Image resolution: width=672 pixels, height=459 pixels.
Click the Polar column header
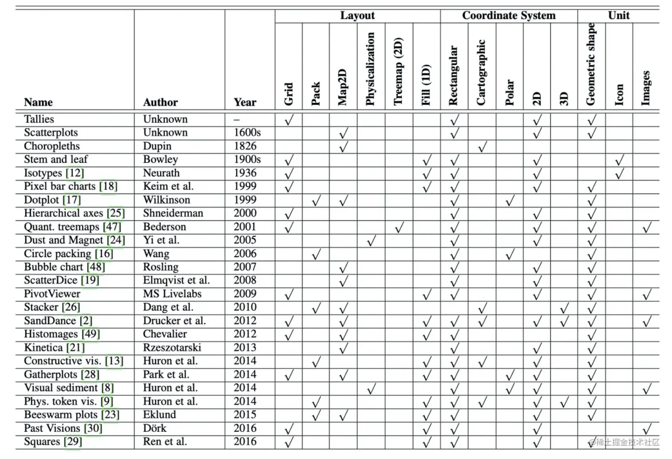coord(509,92)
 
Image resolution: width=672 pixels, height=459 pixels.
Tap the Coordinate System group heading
coord(509,16)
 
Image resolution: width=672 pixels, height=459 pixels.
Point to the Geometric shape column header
coord(591,64)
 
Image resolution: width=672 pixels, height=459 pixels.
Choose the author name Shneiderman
coord(173,213)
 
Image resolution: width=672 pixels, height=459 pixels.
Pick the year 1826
coord(245,146)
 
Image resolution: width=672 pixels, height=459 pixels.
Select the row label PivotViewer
coord(52,294)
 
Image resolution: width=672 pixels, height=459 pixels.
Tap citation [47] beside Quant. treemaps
coord(112,227)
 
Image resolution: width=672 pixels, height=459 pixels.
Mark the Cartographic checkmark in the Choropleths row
coord(482,147)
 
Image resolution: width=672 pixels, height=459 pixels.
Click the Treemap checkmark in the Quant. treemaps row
coord(399,228)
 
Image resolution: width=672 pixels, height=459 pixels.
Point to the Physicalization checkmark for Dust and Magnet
coord(371,241)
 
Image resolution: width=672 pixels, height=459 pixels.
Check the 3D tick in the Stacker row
coord(564,308)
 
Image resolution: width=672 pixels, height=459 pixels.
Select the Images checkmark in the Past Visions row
coord(647,429)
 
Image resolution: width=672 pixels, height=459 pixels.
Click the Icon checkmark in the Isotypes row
coord(619,174)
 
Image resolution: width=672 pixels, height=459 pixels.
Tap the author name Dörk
coord(155,428)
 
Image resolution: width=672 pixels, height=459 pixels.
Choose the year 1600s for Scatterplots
coord(247,132)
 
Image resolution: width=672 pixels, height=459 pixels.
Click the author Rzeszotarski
coord(172,347)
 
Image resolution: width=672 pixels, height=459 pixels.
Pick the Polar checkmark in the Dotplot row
coord(510,201)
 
